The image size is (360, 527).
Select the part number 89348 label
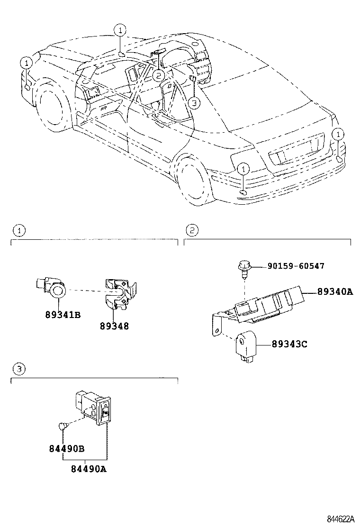[114, 326]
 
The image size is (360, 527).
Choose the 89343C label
[289, 344]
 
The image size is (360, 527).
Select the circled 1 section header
[18, 231]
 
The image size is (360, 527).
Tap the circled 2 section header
[191, 231]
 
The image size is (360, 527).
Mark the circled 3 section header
[18, 369]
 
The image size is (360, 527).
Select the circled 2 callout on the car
[158, 74]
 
